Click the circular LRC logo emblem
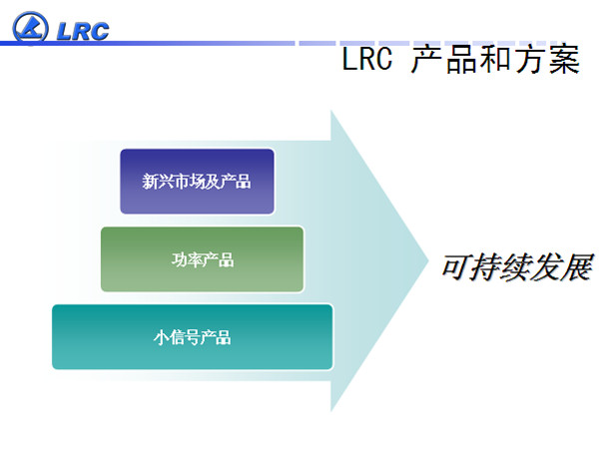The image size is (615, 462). pyautogui.click(x=30, y=27)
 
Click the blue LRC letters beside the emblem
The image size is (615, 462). pyautogui.click(x=83, y=31)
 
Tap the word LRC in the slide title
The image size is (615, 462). pyautogui.click(x=367, y=59)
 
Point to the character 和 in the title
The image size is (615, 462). pyautogui.click(x=495, y=59)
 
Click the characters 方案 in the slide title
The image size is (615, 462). pyautogui.click(x=547, y=59)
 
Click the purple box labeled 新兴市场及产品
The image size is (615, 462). pyautogui.click(x=197, y=181)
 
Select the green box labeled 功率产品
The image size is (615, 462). pyautogui.click(x=202, y=259)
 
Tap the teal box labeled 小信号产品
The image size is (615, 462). pyautogui.click(x=192, y=336)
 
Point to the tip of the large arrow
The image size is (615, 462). pyautogui.click(x=428, y=259)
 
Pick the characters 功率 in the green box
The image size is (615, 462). pyautogui.click(x=187, y=259)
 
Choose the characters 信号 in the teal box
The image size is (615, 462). pyautogui.click(x=185, y=337)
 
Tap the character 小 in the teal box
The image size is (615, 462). pyautogui.click(x=161, y=337)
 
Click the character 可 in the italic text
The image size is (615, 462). pyautogui.click(x=456, y=267)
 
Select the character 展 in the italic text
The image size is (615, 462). pyautogui.click(x=577, y=267)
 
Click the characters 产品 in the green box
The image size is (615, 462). pyautogui.click(x=218, y=259)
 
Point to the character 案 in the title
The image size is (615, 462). pyautogui.click(x=564, y=59)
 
